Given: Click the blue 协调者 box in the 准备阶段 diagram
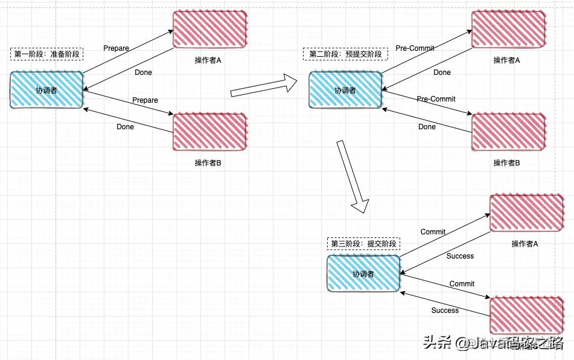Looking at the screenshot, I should pos(46,90).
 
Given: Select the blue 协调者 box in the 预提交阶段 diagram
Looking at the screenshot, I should pos(345,90).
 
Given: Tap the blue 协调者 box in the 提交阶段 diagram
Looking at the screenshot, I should pos(363,274).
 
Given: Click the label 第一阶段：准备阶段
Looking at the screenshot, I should pos(47,54).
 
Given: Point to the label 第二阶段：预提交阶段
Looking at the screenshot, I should pos(346,54).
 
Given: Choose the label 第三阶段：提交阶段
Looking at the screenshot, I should pos(364,244).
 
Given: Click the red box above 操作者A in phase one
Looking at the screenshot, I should pos(209,29).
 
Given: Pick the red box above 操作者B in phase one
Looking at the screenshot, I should pos(209,131).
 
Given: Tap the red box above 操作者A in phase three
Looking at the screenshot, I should pos(526,213).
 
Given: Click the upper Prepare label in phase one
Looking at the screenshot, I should pos(116,48).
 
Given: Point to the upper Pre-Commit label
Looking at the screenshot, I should pos(415,48).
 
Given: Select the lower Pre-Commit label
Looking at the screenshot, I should pos(436,98).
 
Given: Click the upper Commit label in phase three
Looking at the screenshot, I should pos(433,232).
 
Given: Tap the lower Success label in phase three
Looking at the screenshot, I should pos(445,310).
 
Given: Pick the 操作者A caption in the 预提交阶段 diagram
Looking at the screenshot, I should pos(506,60).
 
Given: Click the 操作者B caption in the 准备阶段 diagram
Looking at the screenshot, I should pos(208,162).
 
